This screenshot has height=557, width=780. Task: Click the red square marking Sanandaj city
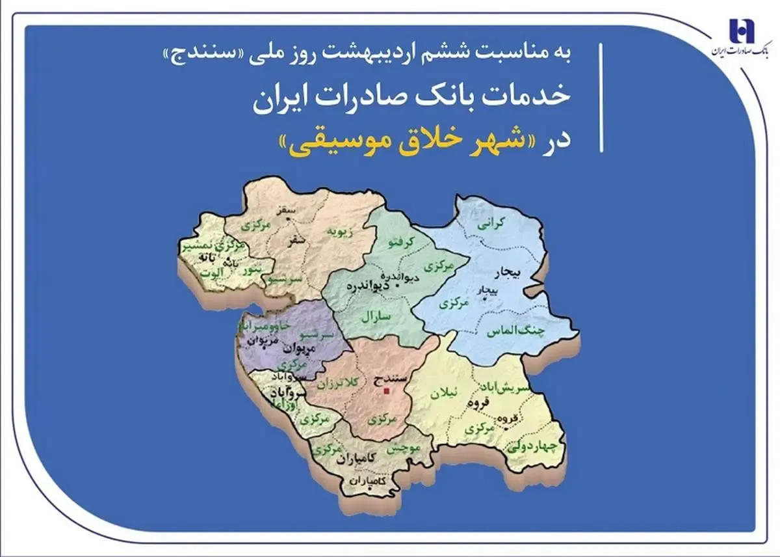[386, 391]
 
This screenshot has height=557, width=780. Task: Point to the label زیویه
[340, 231]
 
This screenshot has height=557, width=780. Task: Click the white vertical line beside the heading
[601, 98]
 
